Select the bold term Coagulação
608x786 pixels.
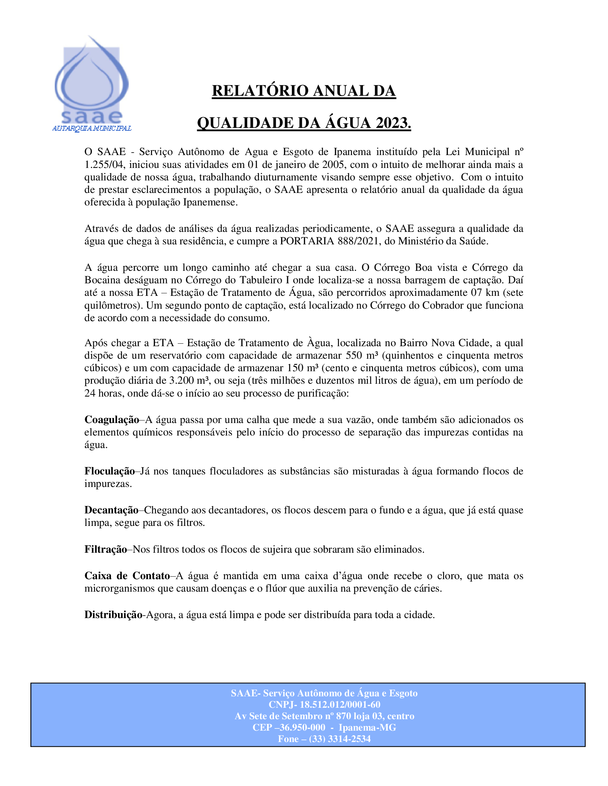coord(112,420)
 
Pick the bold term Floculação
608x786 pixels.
coord(109,471)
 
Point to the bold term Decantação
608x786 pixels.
coord(111,510)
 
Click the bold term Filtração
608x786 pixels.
coord(106,549)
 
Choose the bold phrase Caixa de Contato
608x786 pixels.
coord(127,576)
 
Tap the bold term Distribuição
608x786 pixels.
coord(113,615)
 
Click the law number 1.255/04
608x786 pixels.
coord(104,164)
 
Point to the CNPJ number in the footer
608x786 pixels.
coord(340,704)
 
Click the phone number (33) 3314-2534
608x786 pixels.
coord(340,739)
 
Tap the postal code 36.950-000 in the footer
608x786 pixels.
coord(302,727)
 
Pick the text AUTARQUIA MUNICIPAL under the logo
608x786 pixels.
coord(92,129)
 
